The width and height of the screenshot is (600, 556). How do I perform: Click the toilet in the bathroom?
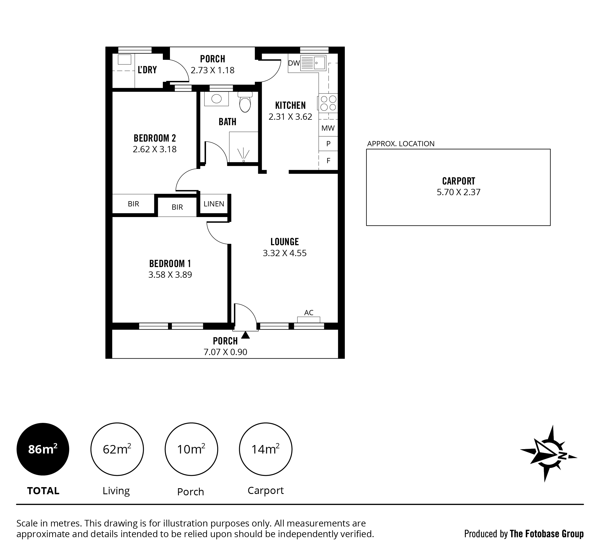coord(245,102)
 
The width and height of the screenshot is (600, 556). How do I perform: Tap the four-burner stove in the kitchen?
coord(328,103)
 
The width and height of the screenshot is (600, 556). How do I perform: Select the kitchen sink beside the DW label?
coord(313,63)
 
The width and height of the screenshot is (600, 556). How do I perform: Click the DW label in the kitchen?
coord(294,63)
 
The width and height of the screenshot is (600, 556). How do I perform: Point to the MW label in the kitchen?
coord(328,128)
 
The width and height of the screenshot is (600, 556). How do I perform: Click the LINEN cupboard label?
coord(214,204)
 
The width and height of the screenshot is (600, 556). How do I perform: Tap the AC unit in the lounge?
coord(308,320)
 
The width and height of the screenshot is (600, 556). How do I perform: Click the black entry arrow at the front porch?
coord(245,335)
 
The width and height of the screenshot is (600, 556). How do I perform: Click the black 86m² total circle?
coord(43,449)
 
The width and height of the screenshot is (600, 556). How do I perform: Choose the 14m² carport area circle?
coord(266,449)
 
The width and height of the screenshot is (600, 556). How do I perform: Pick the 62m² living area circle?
coord(117,449)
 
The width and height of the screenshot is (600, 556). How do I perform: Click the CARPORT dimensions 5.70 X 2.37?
coord(458,192)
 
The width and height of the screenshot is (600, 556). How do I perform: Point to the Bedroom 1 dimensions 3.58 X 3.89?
coord(170,275)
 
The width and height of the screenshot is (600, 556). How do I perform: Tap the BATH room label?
coord(227,122)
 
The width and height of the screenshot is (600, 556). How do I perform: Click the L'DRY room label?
coord(147,70)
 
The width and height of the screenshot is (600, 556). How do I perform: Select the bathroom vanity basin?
coord(216,99)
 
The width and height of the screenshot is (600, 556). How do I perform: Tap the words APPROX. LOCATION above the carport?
coord(401,144)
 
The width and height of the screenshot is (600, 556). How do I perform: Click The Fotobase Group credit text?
coord(546,534)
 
